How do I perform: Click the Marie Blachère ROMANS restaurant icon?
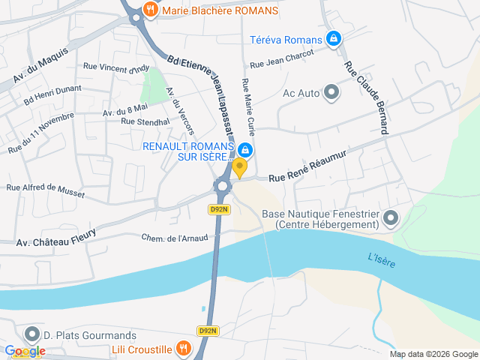pos(151,10)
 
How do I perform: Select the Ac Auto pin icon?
pos(331,93)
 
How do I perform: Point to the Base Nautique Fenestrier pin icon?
pos(390,219)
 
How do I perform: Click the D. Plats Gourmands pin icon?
pos(32,334)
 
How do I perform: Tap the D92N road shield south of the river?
pos(208,331)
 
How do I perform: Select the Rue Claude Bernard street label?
pos(367,97)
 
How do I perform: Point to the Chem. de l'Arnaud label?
pos(169,238)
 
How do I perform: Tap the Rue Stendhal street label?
pos(142,121)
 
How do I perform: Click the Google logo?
pos(25,351)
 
